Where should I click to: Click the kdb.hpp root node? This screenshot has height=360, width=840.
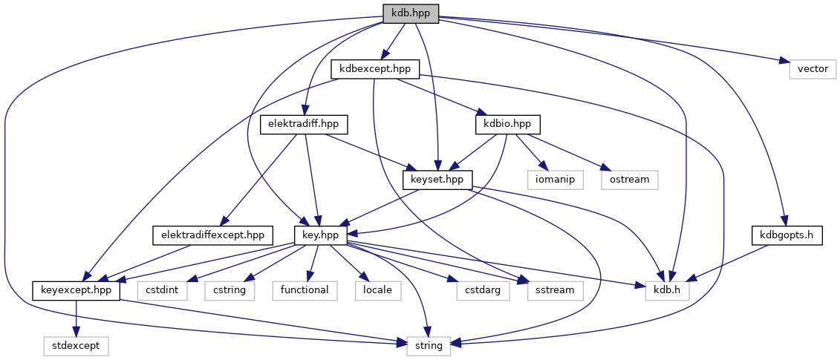(x=411, y=13)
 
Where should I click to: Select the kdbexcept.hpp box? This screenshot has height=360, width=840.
(x=376, y=69)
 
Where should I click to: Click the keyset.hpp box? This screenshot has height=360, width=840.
(x=437, y=179)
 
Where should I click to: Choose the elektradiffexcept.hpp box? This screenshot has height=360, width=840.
(x=213, y=235)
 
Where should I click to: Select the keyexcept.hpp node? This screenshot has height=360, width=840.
(x=76, y=289)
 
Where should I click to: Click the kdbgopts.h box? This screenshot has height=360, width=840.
(x=787, y=235)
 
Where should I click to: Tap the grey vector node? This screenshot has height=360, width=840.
(x=813, y=69)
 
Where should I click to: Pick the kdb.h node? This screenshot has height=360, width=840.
(x=667, y=289)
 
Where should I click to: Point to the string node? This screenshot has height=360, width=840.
(x=429, y=345)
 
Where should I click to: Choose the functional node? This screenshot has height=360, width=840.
(x=305, y=289)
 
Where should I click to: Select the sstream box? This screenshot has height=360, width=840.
(x=554, y=289)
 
